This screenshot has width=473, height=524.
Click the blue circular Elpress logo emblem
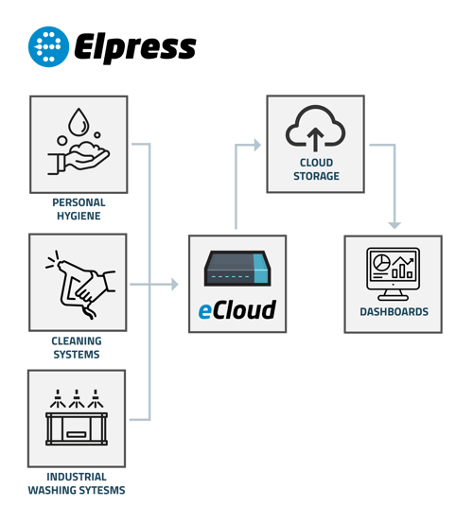48,46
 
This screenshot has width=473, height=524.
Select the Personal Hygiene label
79,208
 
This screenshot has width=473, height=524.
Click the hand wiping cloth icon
80,281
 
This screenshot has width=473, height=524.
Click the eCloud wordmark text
236,310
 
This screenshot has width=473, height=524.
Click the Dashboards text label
394,311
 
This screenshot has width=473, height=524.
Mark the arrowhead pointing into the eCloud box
175,284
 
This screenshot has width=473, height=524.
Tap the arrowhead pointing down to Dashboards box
394,224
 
